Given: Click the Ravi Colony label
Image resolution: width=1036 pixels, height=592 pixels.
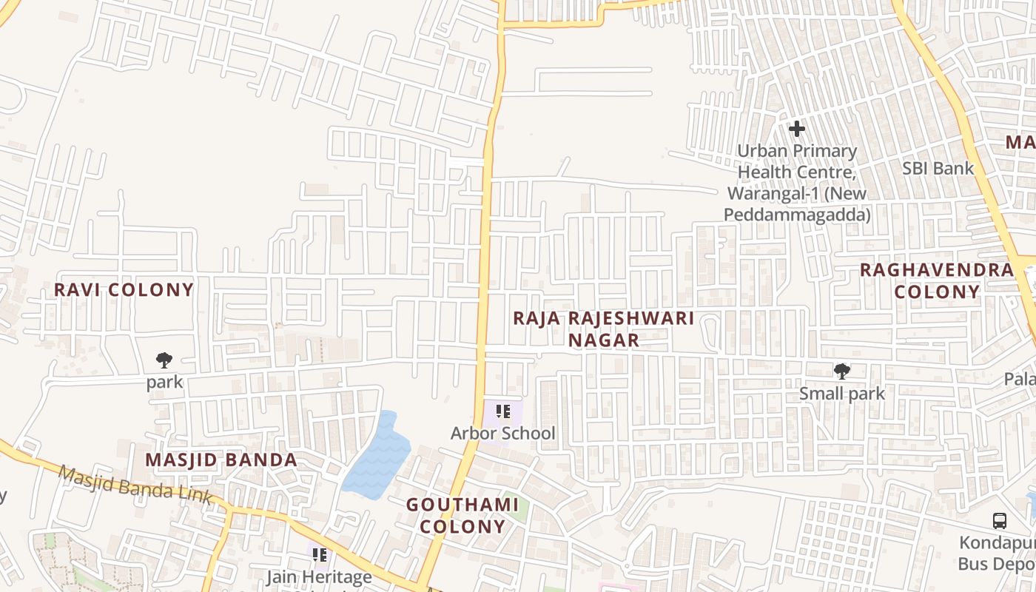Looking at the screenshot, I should [x=124, y=289].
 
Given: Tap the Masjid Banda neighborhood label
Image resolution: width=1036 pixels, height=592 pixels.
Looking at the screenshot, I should [x=221, y=460].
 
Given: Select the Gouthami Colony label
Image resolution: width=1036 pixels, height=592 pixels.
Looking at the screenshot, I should [x=462, y=516].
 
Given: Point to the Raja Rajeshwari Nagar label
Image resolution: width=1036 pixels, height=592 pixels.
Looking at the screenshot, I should [x=604, y=329].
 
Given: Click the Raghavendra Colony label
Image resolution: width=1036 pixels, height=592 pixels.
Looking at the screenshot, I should [x=936, y=280].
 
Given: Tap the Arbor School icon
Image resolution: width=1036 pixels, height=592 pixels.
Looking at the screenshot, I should [x=503, y=411].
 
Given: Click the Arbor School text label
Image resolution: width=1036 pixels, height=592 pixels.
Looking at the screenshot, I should [x=503, y=433].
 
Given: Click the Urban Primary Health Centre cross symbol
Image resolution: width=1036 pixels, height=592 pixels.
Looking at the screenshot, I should [x=796, y=129].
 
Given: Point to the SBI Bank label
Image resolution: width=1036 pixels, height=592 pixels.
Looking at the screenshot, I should [x=938, y=168].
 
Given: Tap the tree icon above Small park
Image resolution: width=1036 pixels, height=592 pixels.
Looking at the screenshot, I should [x=841, y=371].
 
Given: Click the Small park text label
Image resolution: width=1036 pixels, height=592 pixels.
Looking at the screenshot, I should [x=841, y=393].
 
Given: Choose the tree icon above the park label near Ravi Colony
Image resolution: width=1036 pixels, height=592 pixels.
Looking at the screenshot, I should [x=164, y=360].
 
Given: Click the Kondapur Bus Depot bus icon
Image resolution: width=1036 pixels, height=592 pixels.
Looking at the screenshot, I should [x=999, y=521].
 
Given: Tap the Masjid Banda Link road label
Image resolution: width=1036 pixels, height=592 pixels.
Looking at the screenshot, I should [x=135, y=485].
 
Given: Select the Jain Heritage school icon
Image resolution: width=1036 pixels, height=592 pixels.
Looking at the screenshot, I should [x=320, y=554].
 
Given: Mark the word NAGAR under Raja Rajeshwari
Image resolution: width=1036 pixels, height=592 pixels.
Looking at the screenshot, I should [x=604, y=340].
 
